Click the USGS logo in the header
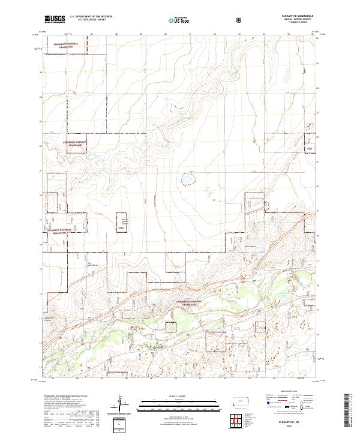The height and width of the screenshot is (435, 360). click(x=55, y=19)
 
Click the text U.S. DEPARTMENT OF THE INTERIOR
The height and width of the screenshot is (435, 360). click(x=91, y=17)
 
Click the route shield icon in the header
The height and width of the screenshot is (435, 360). click(x=240, y=20)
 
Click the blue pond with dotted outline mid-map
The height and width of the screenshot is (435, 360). click(x=188, y=179)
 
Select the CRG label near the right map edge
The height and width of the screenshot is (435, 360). click(x=310, y=148)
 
